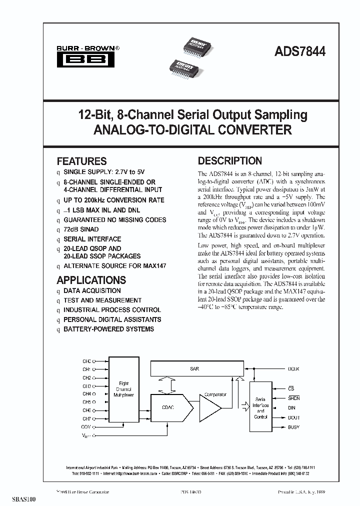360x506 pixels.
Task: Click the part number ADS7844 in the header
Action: tap(300, 51)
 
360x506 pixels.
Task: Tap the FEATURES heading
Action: tap(81, 161)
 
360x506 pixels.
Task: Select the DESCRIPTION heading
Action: tap(229, 161)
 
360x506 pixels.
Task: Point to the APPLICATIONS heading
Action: tap(91, 280)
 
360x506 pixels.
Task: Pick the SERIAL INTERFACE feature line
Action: tap(92, 239)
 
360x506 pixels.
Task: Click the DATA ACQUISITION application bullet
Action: tap(92, 290)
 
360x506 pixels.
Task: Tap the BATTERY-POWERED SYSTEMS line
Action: tap(108, 329)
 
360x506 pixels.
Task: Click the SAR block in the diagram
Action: tap(194, 368)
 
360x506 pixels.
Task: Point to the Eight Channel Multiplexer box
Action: tap(124, 389)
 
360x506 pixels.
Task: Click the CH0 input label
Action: tap(86, 361)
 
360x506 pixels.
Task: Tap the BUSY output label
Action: tap(293, 427)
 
